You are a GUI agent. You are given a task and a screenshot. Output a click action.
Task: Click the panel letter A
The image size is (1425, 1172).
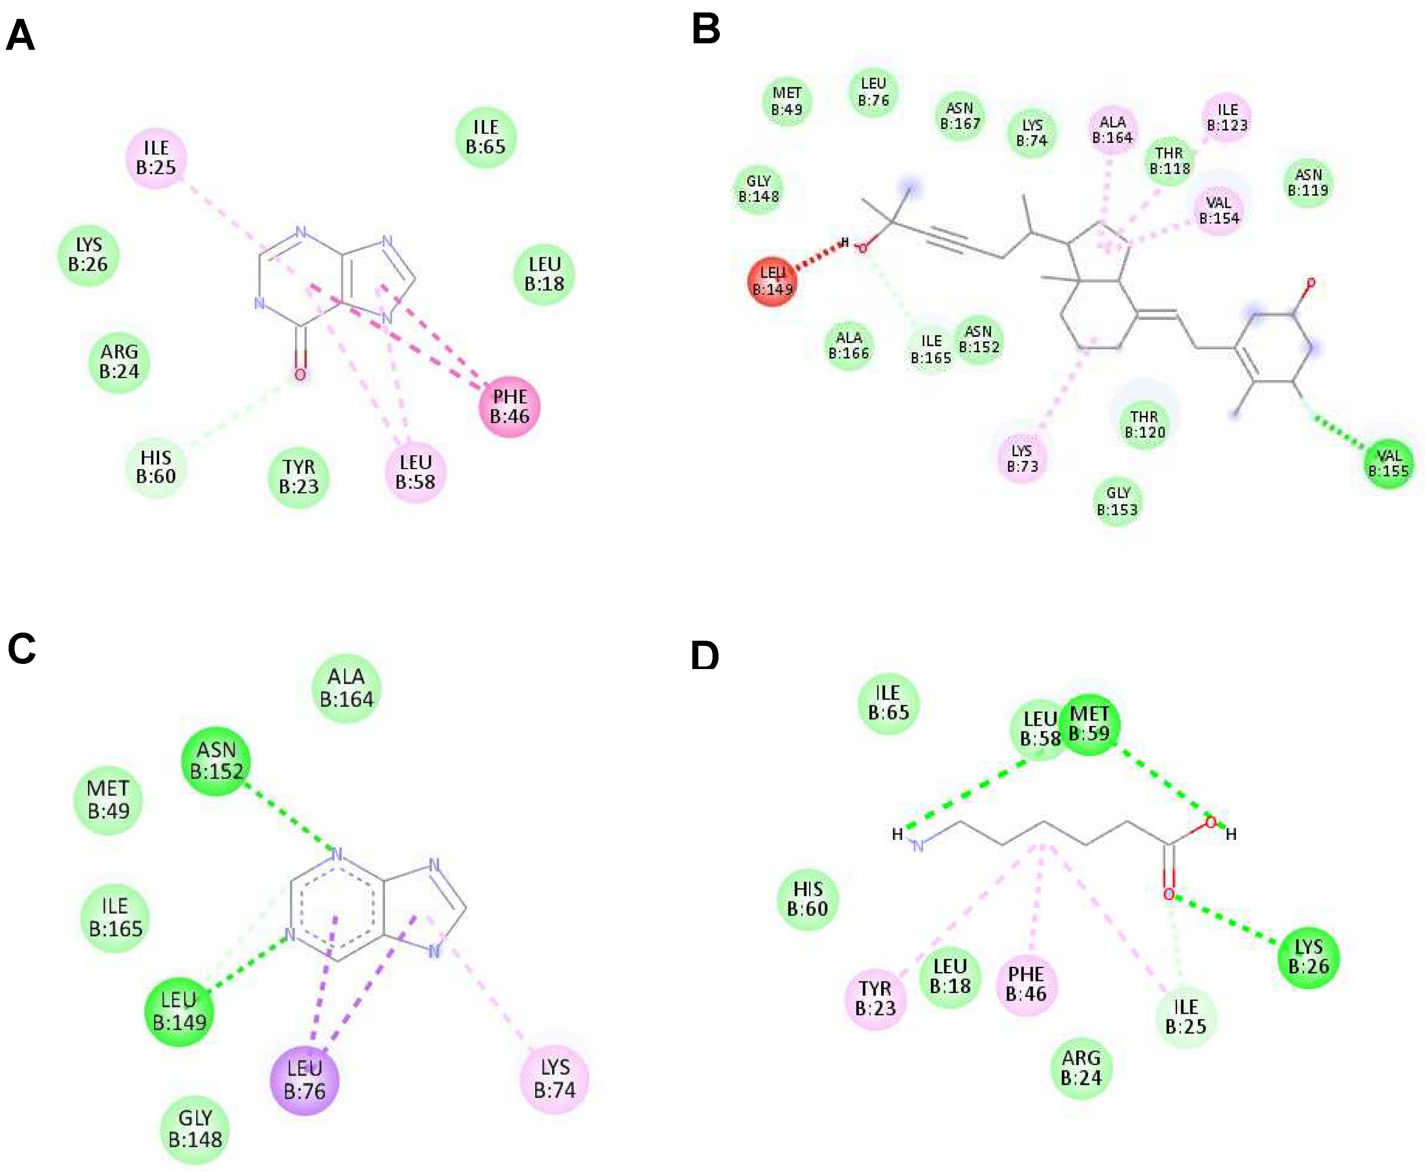(20, 35)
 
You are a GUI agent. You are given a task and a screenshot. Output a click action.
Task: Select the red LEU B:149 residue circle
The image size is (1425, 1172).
(773, 281)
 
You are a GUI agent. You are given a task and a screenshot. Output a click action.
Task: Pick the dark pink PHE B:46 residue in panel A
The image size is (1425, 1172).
(509, 406)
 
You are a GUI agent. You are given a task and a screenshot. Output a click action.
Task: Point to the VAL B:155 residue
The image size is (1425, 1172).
(1389, 463)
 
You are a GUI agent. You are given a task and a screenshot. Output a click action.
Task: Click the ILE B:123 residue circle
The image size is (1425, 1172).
(1227, 117)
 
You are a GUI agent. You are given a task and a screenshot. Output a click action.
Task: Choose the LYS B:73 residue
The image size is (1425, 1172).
(1022, 458)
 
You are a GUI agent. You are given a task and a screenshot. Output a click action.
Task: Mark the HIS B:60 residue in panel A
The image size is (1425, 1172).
(155, 466)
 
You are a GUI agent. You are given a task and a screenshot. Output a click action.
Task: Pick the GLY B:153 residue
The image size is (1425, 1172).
(1117, 501)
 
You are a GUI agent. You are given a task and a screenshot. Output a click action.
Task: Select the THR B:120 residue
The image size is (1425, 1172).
(1145, 424)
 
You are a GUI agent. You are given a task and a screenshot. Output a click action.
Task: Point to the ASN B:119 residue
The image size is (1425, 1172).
(1307, 182)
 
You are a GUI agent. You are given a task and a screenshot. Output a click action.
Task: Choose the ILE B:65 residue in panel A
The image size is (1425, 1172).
(485, 137)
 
